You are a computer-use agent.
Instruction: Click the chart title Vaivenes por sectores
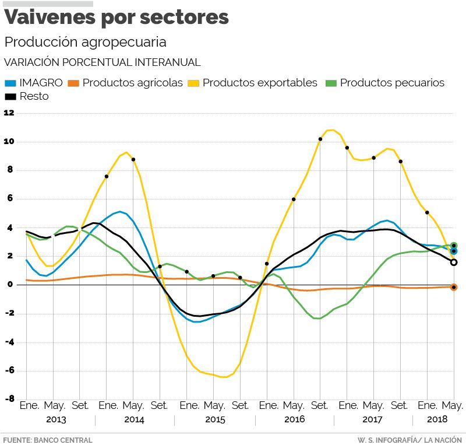click(116, 18)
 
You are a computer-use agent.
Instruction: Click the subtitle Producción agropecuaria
click(85, 42)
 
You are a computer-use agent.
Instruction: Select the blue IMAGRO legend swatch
click(10, 83)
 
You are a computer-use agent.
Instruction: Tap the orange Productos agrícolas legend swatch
click(73, 83)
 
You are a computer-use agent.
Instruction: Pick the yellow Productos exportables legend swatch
click(192, 83)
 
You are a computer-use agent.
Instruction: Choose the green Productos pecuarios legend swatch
click(331, 83)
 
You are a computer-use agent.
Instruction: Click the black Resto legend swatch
click(10, 96)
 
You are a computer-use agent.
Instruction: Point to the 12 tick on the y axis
click(9, 113)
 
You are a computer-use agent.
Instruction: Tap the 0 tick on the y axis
click(10, 285)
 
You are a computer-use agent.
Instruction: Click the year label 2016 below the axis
click(294, 419)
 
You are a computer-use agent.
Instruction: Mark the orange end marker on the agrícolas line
click(454, 287)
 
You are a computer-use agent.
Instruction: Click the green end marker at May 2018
click(454, 246)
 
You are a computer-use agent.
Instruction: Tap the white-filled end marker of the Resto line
click(454, 262)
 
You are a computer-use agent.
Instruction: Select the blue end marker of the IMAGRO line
click(454, 251)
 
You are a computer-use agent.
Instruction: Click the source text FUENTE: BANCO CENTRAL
click(48, 440)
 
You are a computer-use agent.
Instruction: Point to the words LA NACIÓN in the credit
click(443, 440)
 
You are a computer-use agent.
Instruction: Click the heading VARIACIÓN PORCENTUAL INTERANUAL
click(103, 62)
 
